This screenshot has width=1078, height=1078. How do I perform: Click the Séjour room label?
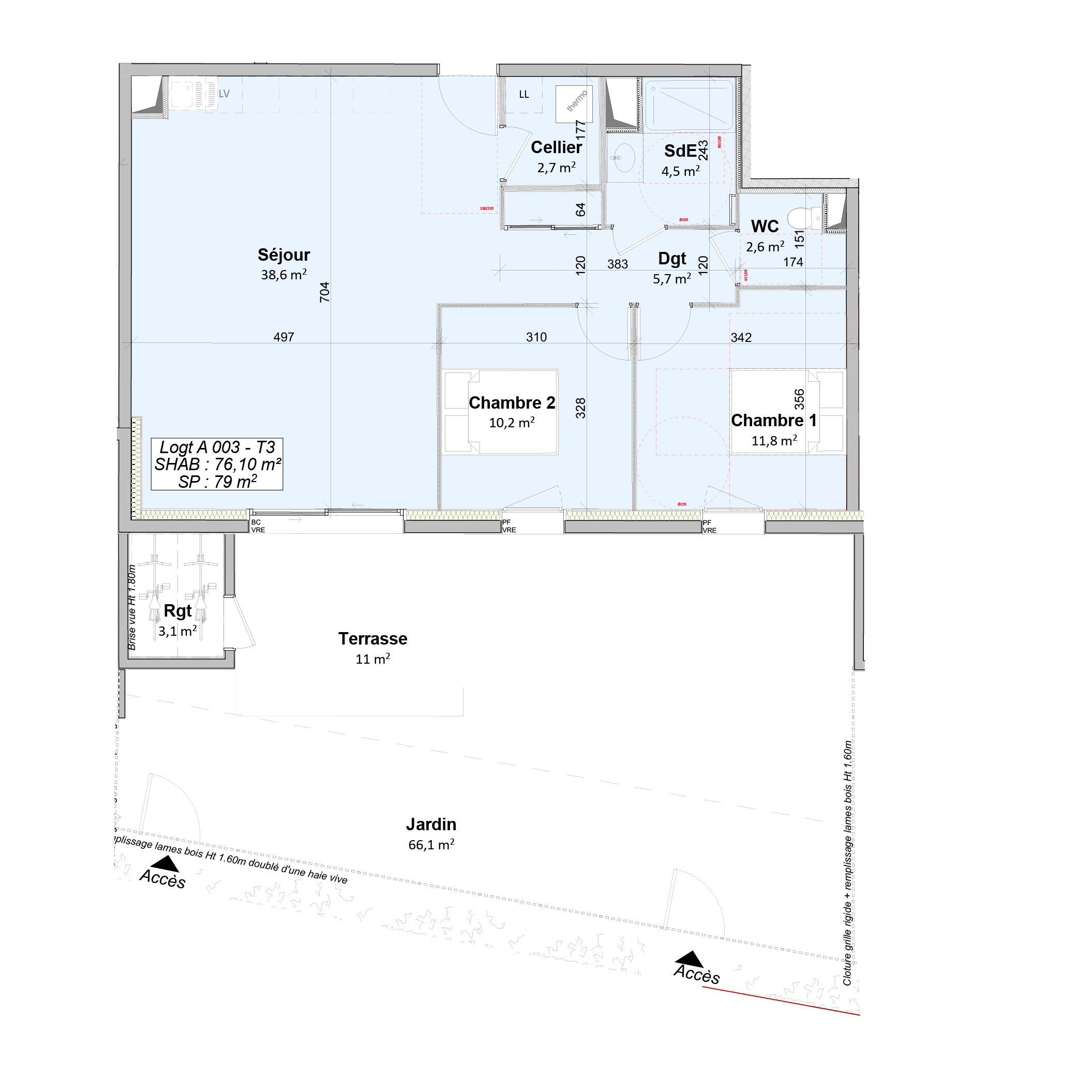tap(283, 255)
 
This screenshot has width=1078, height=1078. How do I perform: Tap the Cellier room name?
tap(556, 147)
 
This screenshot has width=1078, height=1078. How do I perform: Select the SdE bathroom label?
tap(680, 151)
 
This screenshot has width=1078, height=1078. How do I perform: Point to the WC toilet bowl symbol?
tap(801, 217)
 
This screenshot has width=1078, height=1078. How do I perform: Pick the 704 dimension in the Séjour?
tap(325, 292)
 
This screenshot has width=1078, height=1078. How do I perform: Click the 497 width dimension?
tap(283, 337)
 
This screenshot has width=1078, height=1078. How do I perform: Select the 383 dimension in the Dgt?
tap(617, 264)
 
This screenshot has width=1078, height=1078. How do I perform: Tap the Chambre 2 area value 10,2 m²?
tap(512, 423)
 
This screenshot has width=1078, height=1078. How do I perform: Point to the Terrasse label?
tap(373, 639)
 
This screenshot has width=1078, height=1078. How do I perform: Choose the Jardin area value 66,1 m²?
tap(431, 845)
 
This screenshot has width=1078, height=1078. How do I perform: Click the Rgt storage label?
tap(177, 611)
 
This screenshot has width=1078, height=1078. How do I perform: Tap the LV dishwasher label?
tap(224, 94)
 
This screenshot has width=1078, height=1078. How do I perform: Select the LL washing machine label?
tap(523, 94)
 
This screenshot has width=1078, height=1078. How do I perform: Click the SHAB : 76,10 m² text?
tap(218, 464)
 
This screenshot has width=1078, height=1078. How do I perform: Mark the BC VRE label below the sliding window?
tap(257, 526)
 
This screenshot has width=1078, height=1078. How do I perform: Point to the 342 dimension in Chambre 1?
tap(741, 338)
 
